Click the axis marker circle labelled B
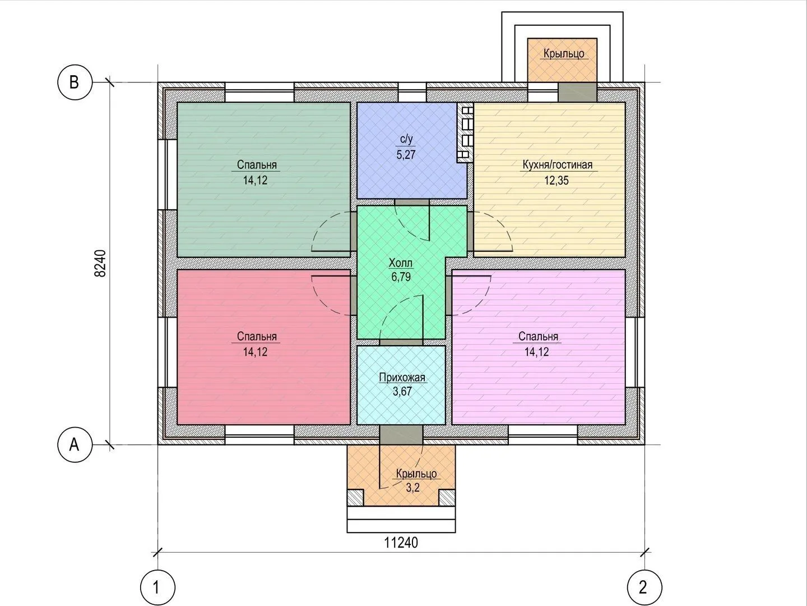click(74, 82)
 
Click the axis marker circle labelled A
click(74, 445)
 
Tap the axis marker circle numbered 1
click(157, 587)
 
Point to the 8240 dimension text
click(100, 264)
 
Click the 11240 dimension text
click(401, 543)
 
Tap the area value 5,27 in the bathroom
click(406, 154)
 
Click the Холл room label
click(401, 263)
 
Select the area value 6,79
click(401, 277)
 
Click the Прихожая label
click(402, 378)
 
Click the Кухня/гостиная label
click(558, 165)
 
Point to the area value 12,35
click(556, 180)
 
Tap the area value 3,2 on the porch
click(413, 488)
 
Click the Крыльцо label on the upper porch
click(564, 54)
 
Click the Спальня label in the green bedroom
click(257, 165)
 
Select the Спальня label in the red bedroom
click(257, 336)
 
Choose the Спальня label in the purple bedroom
click(538, 336)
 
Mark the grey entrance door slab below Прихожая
click(401, 434)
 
